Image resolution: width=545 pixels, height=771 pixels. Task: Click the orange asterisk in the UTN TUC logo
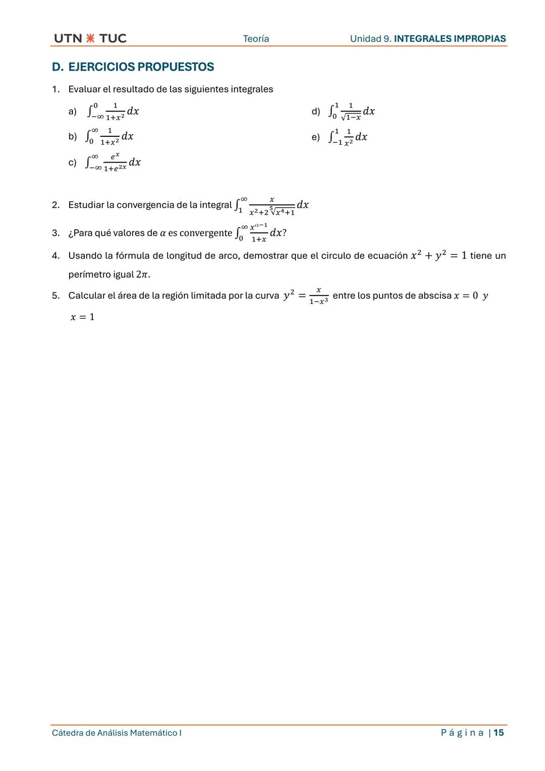click(x=90, y=38)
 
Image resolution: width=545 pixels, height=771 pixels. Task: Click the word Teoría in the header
click(x=256, y=39)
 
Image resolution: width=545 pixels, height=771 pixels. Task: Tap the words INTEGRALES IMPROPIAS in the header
click(x=450, y=39)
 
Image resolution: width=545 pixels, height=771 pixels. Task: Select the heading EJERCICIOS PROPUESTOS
click(x=141, y=67)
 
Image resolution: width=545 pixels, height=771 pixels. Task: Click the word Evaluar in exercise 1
click(x=84, y=89)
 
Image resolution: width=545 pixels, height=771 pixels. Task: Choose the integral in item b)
click(x=110, y=136)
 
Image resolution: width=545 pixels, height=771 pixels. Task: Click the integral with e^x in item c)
click(x=113, y=162)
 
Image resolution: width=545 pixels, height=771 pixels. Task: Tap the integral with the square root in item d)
click(x=351, y=112)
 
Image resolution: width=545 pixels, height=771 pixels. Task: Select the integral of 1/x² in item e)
click(x=348, y=137)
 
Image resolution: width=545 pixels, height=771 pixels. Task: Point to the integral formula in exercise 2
click(x=271, y=205)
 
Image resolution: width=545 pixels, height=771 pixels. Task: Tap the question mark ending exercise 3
click(x=284, y=233)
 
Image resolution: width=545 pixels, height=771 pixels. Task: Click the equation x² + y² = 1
click(x=439, y=255)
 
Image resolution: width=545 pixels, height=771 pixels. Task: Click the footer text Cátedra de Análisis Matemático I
click(x=117, y=733)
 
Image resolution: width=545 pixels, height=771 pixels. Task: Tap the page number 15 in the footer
click(x=499, y=733)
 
